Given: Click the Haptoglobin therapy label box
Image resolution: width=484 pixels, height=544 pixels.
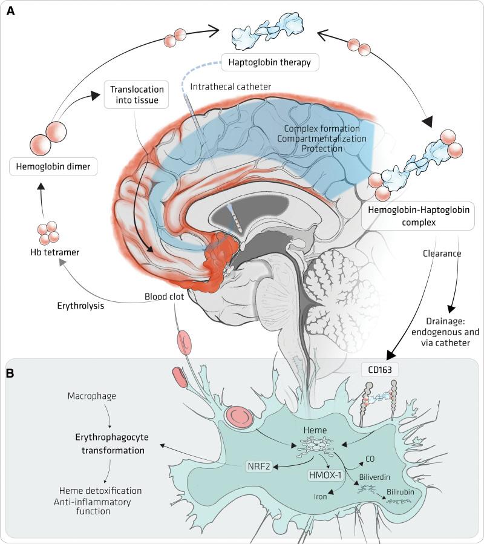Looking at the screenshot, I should point(270,62).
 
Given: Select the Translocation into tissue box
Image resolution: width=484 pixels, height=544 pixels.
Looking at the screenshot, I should point(135,94).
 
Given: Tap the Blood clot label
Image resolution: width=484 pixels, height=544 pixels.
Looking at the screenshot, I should point(165,297).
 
